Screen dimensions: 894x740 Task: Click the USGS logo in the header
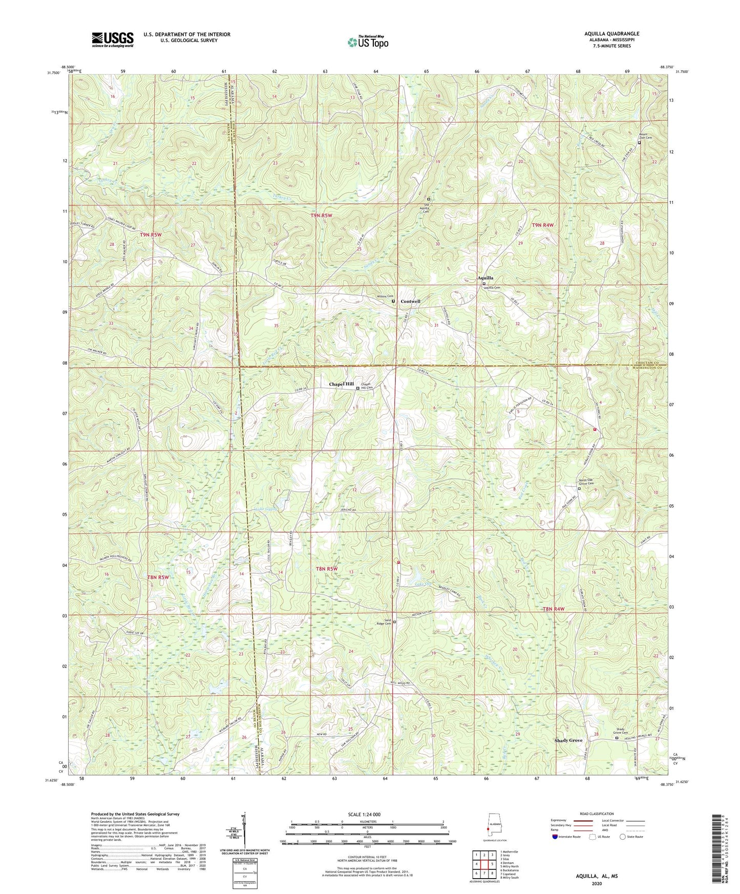coord(113,39)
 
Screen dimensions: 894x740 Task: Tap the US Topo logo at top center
coord(368,42)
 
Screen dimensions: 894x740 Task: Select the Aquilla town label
coord(485,278)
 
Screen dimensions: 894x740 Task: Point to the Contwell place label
coord(410,301)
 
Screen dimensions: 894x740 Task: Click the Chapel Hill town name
coord(341,384)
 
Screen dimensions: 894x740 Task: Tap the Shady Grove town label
coord(568,740)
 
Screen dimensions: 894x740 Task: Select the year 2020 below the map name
coord(596,883)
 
